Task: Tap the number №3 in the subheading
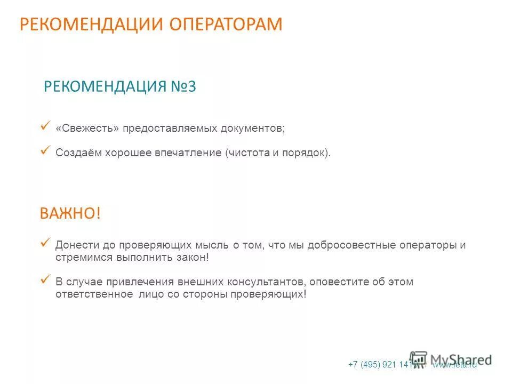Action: tap(184, 87)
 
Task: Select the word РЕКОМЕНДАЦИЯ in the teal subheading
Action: tap(106, 87)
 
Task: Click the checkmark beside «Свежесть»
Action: tap(45, 126)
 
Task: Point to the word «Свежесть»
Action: tap(87, 129)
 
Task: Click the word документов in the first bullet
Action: tap(254, 129)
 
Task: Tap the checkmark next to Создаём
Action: tap(45, 150)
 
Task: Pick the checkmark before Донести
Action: tap(45, 243)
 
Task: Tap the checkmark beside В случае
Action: tap(45, 278)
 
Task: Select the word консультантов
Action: tap(269, 282)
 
